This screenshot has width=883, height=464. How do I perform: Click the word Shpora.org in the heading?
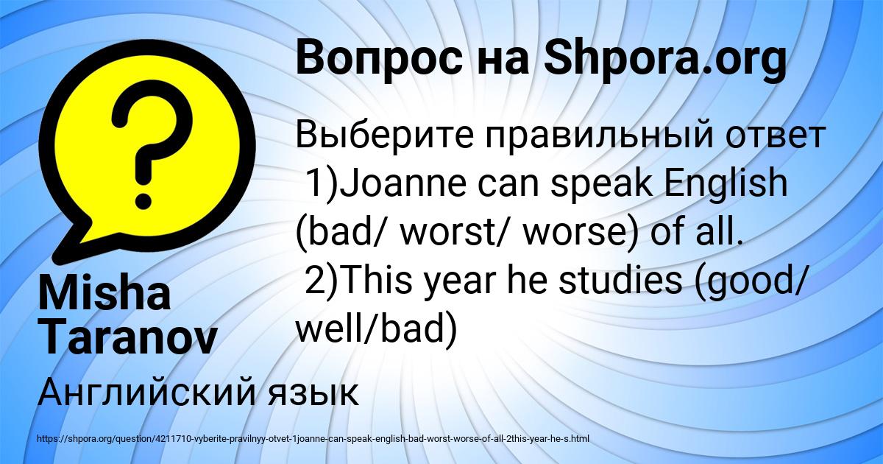(x=666, y=59)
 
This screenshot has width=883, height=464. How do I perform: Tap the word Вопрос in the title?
(x=379, y=59)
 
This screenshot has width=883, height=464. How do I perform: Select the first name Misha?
(x=104, y=294)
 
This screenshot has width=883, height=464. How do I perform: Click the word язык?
(x=313, y=394)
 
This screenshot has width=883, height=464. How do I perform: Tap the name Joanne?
(x=403, y=183)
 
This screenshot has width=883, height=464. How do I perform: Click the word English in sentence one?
(x=726, y=183)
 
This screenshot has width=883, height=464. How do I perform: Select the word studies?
(x=620, y=280)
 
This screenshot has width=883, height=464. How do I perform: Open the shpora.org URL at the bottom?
(x=313, y=439)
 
